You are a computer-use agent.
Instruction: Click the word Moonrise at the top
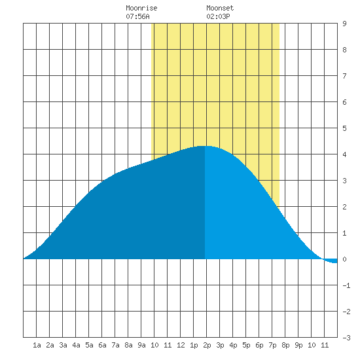[141, 8]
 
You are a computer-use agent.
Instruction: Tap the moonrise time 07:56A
[137, 16]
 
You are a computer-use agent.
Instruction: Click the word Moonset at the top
[220, 8]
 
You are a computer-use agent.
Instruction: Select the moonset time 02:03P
[218, 16]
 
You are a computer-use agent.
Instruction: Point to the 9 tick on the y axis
[344, 24]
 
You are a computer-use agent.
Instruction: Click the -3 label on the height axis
[346, 338]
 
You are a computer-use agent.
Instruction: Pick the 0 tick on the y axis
[344, 259]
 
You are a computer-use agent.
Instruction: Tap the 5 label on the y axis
[344, 128]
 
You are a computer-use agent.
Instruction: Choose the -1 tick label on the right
[346, 285]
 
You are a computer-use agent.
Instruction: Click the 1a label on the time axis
[37, 345]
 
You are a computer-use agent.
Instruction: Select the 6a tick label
[102, 345]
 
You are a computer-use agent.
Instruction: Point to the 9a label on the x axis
[141, 345]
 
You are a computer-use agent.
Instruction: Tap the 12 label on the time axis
[181, 345]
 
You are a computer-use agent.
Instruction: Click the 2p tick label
[207, 345]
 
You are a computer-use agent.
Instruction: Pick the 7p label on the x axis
[272, 345]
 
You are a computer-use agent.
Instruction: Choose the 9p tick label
[298, 345]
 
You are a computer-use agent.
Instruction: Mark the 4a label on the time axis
[76, 345]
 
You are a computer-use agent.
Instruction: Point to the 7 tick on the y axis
[344, 76]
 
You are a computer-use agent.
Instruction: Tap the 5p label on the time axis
[246, 345]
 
